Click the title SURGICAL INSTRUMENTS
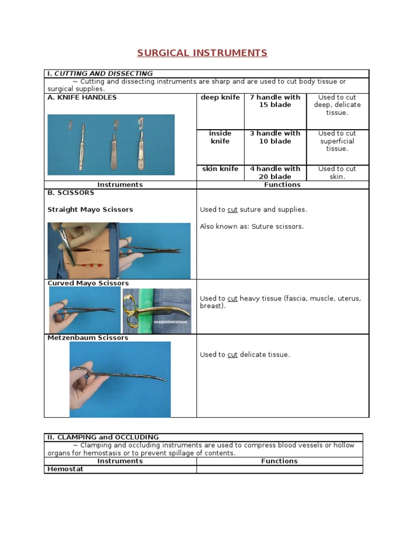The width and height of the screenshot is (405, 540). (x=202, y=53)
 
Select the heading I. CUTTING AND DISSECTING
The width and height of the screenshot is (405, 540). (x=100, y=73)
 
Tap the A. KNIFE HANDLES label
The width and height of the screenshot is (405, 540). (x=82, y=98)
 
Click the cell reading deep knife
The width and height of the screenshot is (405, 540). (x=220, y=98)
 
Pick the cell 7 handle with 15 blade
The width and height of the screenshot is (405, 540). (x=275, y=101)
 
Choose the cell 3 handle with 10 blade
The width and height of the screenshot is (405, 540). (x=275, y=137)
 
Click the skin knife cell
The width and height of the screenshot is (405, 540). (x=220, y=169)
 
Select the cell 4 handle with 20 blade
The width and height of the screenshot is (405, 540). (x=275, y=172)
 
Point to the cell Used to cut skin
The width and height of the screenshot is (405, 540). (x=337, y=172)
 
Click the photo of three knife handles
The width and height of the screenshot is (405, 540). (x=111, y=144)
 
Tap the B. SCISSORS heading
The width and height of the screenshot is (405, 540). (x=71, y=193)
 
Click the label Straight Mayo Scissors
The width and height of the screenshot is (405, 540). (x=90, y=209)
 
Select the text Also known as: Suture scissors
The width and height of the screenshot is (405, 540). (x=252, y=226)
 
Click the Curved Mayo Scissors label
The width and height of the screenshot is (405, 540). (x=88, y=283)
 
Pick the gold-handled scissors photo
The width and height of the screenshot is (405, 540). (x=157, y=311)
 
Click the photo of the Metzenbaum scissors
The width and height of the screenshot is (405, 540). (x=120, y=379)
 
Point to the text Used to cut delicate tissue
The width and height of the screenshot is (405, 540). (x=245, y=355)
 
